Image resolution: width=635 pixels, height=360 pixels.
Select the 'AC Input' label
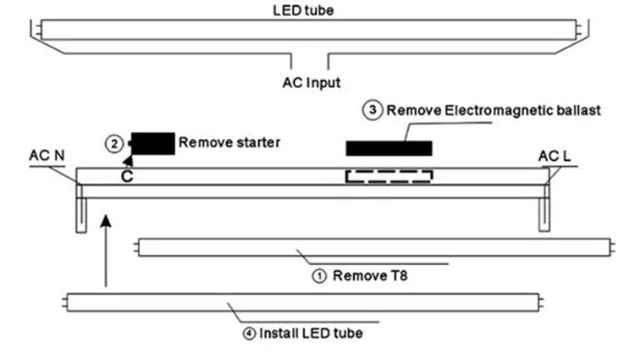(x=311, y=83)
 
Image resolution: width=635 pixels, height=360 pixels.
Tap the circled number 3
(x=371, y=110)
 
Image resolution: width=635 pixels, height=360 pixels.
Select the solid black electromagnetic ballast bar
(x=389, y=148)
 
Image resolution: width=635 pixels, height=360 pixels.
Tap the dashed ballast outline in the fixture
(x=389, y=176)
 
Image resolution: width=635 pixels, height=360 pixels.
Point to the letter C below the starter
(x=126, y=176)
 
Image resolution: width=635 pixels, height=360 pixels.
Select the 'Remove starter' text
(x=229, y=142)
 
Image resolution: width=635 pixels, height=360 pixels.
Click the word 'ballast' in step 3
(x=578, y=110)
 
